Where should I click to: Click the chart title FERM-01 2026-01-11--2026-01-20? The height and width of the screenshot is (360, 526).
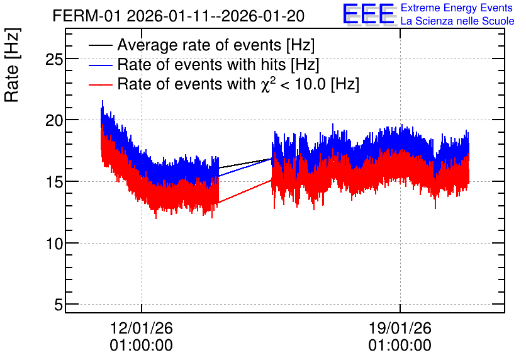[179, 16]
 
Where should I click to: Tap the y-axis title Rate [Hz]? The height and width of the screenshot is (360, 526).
[12, 65]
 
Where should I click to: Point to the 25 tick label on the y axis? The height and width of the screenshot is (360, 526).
[54, 59]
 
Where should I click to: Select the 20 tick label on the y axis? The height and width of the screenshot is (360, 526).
[54, 120]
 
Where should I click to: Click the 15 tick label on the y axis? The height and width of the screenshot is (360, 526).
[54, 182]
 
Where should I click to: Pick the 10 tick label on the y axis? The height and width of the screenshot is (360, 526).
[54, 244]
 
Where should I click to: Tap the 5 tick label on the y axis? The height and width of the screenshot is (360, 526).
[59, 305]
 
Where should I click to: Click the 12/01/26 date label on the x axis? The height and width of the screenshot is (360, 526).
[141, 328]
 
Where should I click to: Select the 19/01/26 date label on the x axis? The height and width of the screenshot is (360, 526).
[400, 328]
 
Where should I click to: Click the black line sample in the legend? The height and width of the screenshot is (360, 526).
[100, 45]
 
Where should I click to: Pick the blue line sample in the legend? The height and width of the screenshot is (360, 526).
[100, 65]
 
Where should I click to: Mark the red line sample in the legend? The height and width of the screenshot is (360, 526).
[100, 84]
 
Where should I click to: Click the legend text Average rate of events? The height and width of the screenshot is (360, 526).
[199, 45]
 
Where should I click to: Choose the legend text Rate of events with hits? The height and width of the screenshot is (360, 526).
[201, 65]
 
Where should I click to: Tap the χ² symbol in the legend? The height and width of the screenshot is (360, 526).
[266, 84]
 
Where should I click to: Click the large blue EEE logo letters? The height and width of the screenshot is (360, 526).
[369, 14]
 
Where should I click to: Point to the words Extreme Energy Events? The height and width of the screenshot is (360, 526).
[457, 8]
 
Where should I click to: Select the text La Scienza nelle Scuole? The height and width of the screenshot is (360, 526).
[457, 21]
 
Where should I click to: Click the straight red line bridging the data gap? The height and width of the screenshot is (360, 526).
[245, 191]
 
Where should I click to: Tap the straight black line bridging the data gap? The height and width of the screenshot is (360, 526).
[245, 163]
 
